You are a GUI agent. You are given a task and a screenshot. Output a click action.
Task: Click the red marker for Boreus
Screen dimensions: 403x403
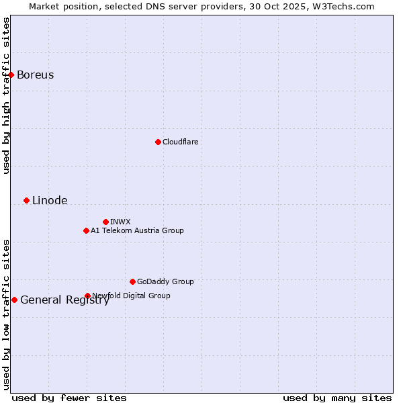[x=11, y=75]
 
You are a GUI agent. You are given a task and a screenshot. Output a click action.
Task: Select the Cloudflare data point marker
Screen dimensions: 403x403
[x=158, y=142]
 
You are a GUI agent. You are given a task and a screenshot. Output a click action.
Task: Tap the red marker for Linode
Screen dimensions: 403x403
[x=26, y=200]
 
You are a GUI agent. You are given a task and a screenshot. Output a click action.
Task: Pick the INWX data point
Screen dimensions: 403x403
[x=105, y=222]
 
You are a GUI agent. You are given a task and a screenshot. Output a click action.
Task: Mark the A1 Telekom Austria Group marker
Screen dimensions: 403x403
[x=86, y=230]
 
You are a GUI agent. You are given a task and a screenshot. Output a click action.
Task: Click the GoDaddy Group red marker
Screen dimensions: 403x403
[x=132, y=281]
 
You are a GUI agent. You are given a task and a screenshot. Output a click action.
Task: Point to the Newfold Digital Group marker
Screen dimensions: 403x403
[x=87, y=296]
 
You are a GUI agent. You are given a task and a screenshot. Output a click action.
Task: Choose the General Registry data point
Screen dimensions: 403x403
[x=14, y=300]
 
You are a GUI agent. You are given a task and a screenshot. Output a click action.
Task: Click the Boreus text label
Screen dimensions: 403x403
[x=36, y=75]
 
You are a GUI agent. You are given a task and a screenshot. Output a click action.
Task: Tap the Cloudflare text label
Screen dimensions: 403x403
[x=180, y=142]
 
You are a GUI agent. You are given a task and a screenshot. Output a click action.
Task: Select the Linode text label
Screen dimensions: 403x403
[x=50, y=200]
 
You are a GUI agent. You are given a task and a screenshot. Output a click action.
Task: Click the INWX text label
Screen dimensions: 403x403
[x=120, y=222]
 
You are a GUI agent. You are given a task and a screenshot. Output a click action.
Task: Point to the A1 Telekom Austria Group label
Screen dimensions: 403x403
[x=137, y=230]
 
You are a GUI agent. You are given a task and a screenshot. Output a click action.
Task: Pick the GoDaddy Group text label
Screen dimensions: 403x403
[x=165, y=281]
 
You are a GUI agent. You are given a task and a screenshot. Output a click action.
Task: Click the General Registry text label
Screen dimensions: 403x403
[x=64, y=300]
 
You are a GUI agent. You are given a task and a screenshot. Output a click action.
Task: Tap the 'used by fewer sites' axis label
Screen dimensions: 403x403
[x=69, y=398]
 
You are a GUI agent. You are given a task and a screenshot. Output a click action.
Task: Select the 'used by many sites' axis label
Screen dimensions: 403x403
[x=337, y=398]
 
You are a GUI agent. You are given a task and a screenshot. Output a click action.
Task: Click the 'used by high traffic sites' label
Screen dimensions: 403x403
[x=6, y=95]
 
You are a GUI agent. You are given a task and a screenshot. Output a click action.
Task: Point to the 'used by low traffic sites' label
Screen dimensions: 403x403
[x=6, y=314]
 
